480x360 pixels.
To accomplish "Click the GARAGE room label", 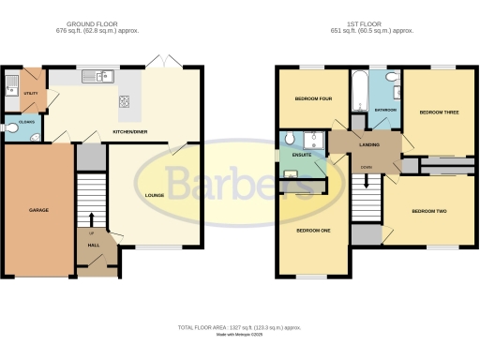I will (x=38, y=210).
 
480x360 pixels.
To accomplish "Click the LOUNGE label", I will (x=156, y=195).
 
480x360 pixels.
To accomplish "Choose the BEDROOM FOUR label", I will (x=313, y=98).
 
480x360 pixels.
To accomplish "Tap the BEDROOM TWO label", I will (x=429, y=211).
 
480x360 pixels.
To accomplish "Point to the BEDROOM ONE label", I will (x=313, y=230).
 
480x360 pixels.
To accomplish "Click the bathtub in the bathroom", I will (x=360, y=90).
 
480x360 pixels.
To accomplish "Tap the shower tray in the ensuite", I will (x=316, y=140).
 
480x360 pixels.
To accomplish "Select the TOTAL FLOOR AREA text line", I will (x=240, y=327).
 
